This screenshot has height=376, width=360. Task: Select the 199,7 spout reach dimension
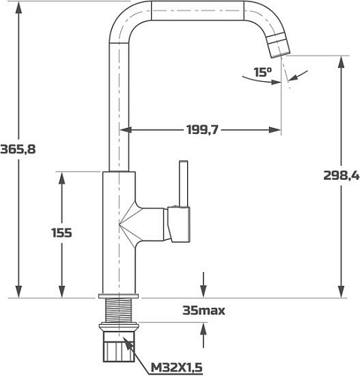tap(201, 131)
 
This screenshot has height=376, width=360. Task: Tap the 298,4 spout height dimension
tap(342, 176)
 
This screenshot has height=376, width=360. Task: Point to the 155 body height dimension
tap(62, 233)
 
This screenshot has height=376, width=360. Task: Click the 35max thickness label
tap(204, 310)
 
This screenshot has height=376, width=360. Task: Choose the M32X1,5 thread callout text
tap(177, 366)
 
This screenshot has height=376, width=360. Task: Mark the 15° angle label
tap(262, 73)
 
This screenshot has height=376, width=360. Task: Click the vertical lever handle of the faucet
tap(181, 185)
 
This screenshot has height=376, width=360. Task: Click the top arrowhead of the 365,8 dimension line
tap(18, 7)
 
